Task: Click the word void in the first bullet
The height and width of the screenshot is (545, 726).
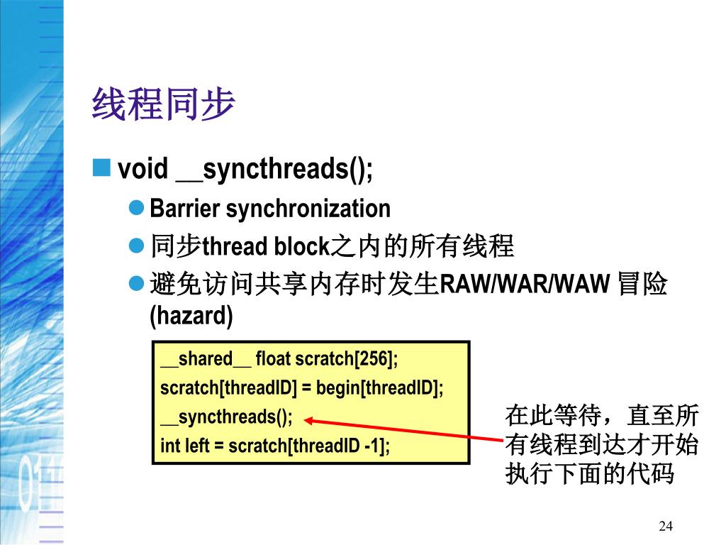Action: (x=143, y=169)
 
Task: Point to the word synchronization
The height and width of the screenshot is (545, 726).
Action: (x=308, y=209)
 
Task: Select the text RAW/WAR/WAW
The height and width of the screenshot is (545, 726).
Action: (x=525, y=285)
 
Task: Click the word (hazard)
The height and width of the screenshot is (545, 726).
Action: (x=191, y=316)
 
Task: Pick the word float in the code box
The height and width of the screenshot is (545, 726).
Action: (x=273, y=359)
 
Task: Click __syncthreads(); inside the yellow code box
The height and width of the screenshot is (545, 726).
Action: (x=226, y=417)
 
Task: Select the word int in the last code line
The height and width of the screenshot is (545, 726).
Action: (x=170, y=446)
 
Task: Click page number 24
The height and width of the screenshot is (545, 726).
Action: (x=665, y=526)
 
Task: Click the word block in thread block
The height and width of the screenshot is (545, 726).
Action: (x=301, y=246)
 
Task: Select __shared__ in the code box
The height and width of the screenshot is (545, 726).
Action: (x=206, y=359)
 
